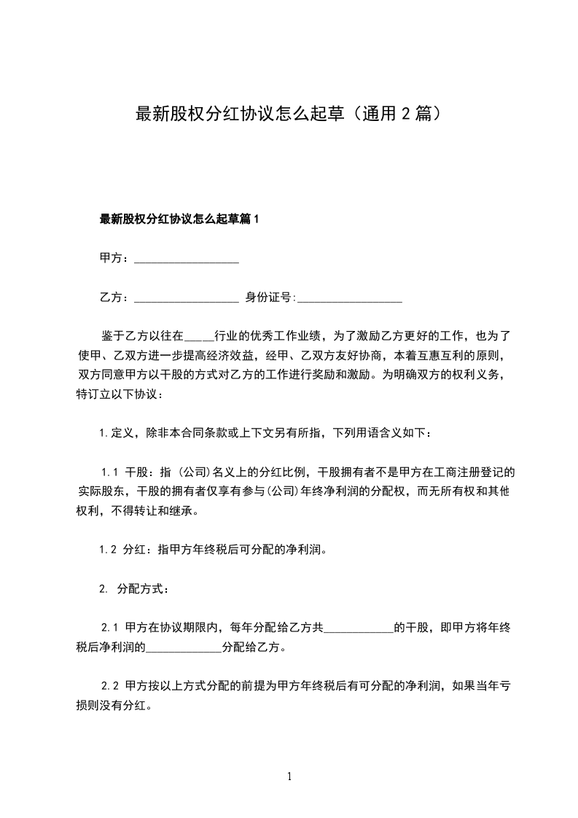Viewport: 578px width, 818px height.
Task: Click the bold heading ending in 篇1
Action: (x=179, y=219)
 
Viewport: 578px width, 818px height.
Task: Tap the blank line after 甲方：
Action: (x=187, y=259)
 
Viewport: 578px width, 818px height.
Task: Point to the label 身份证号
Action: (x=269, y=297)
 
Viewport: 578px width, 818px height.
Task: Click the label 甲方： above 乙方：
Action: (x=114, y=258)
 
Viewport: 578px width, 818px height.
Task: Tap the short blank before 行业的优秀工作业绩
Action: (x=200, y=337)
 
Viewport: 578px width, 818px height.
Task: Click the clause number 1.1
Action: (x=110, y=472)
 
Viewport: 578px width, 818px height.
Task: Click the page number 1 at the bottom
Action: (x=289, y=776)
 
